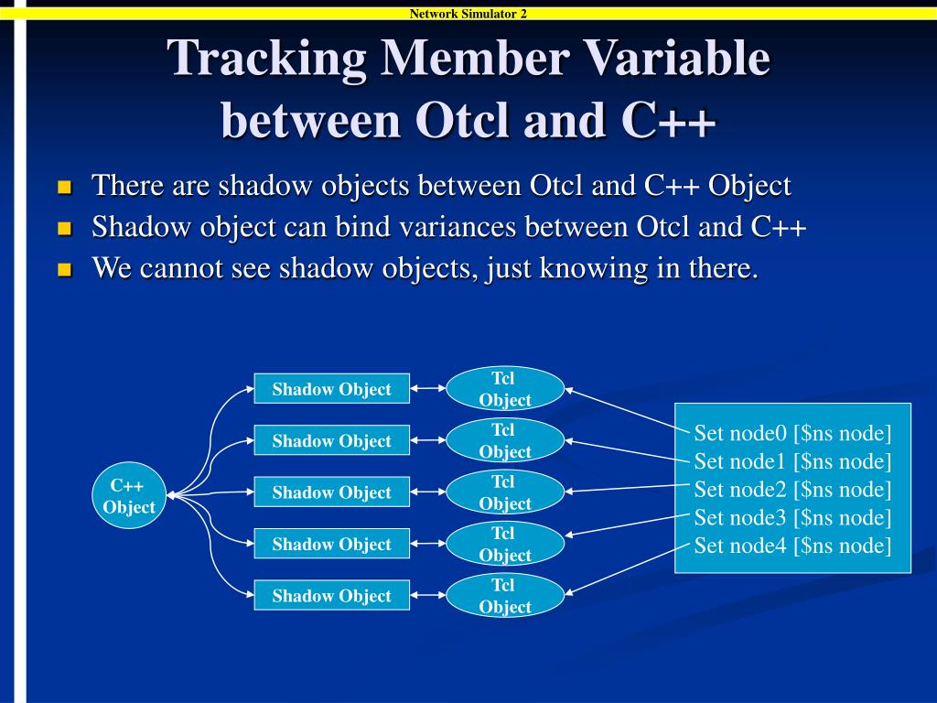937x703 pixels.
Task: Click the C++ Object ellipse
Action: pyautogui.click(x=129, y=495)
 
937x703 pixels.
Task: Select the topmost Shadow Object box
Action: pyautogui.click(x=331, y=389)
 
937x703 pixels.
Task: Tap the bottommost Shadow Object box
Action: pyautogui.click(x=331, y=596)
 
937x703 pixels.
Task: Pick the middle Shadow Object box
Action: pyautogui.click(x=331, y=492)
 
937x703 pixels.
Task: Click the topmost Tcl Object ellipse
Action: pyautogui.click(x=504, y=389)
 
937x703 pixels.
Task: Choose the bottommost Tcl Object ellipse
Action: pyautogui.click(x=504, y=596)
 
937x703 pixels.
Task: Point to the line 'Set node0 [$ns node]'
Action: pyautogui.click(x=792, y=433)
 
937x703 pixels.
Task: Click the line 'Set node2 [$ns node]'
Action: pyautogui.click(x=792, y=490)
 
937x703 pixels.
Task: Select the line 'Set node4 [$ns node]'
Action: pyautogui.click(x=792, y=546)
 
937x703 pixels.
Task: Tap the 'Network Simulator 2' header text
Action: pyautogui.click(x=468, y=13)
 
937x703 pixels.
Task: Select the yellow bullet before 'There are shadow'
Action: pyautogui.click(x=64, y=188)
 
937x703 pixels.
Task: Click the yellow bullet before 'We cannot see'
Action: pyautogui.click(x=64, y=271)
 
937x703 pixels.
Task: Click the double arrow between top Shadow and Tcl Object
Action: pyautogui.click(x=428, y=389)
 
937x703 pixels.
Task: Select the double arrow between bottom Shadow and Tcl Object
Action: pyautogui.click(x=428, y=596)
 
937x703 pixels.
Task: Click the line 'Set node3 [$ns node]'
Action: pyautogui.click(x=792, y=518)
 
